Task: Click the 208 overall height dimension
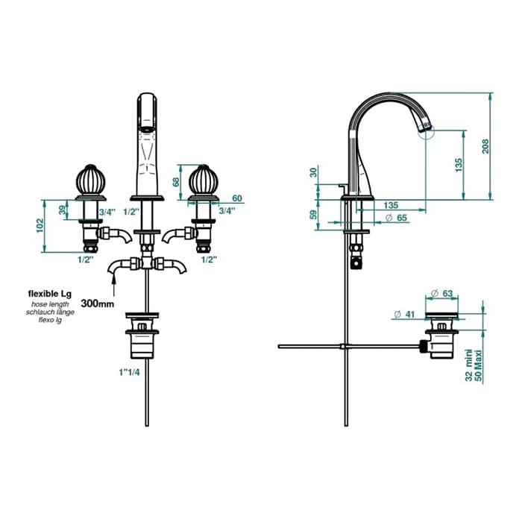tap(485, 146)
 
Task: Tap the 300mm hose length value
tap(98, 304)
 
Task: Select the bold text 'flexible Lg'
tap(50, 294)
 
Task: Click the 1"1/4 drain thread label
tap(129, 372)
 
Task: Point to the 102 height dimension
tap(40, 225)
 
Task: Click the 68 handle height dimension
tap(175, 182)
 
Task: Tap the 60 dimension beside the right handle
tap(237, 198)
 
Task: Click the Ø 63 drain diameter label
tap(441, 293)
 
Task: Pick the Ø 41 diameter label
tap(404, 314)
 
